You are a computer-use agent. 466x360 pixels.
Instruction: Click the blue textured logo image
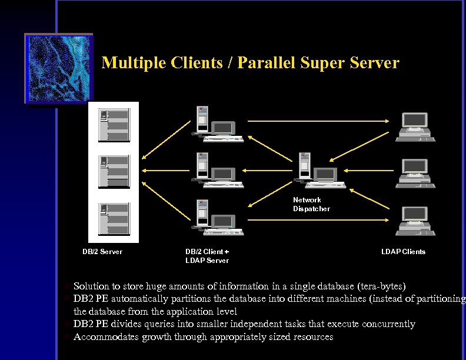click(x=58, y=68)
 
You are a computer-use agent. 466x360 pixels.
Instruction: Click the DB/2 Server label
click(x=102, y=252)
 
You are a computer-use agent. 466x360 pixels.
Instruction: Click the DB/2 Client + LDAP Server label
click(x=207, y=256)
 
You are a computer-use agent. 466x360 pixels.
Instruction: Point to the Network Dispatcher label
click(x=311, y=204)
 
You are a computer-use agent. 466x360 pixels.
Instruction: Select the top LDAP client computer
click(x=415, y=126)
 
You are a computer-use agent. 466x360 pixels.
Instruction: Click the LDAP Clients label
click(x=403, y=252)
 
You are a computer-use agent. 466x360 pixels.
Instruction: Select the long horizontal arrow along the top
click(x=318, y=120)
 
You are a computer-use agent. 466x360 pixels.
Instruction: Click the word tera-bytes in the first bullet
click(x=382, y=286)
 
